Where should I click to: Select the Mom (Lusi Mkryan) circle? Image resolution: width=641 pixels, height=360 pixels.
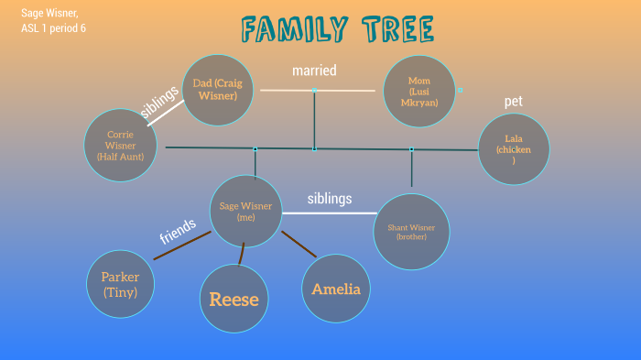click(419, 91)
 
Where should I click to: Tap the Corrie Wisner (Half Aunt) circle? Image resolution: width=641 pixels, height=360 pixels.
click(120, 145)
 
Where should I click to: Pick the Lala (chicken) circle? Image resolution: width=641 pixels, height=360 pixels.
click(514, 149)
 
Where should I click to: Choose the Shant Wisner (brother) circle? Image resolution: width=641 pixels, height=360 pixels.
click(411, 231)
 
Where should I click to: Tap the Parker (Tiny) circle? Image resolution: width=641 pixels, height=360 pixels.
click(120, 284)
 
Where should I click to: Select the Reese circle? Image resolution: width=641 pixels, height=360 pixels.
click(234, 299)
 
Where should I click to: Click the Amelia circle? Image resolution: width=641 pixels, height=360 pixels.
click(336, 289)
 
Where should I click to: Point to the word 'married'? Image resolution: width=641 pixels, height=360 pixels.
click(314, 70)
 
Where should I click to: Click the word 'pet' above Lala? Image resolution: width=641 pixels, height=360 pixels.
click(513, 101)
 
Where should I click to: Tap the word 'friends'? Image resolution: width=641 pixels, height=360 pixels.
click(178, 231)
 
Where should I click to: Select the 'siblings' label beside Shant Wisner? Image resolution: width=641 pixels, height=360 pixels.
click(329, 198)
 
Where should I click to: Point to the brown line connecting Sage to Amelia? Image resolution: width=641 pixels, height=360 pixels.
click(299, 244)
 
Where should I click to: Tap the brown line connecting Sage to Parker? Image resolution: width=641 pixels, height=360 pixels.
click(183, 245)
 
